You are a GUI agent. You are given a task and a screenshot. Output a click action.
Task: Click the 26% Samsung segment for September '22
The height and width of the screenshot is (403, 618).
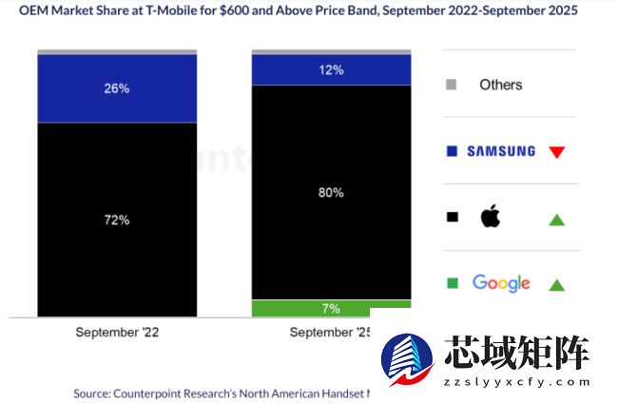(117, 88)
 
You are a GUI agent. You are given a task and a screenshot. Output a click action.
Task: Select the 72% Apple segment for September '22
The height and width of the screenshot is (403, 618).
(117, 220)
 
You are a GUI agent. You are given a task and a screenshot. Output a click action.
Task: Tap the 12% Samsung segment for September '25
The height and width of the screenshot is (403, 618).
(331, 69)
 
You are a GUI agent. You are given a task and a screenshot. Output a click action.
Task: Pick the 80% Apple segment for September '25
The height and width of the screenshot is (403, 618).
(331, 192)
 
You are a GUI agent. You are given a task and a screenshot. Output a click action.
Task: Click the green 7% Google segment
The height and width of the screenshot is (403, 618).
(331, 308)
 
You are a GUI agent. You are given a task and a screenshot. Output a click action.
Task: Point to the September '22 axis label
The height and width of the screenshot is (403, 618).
(117, 333)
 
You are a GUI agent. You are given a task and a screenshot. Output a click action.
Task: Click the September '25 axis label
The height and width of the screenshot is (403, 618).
(328, 333)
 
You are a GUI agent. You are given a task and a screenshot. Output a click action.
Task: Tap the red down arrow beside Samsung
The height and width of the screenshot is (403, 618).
(557, 151)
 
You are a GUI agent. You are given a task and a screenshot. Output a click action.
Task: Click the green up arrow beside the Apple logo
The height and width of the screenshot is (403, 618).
(557, 220)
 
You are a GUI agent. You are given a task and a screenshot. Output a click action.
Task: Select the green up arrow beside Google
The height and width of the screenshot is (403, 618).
(557, 284)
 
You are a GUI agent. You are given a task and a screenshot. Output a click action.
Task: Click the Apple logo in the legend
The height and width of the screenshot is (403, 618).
(491, 218)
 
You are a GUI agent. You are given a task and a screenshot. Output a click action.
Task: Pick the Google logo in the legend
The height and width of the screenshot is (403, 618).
(501, 283)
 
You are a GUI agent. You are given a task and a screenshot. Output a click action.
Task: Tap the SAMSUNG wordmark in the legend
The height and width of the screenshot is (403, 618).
(501, 151)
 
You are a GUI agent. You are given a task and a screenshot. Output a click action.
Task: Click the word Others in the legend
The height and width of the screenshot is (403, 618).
(500, 85)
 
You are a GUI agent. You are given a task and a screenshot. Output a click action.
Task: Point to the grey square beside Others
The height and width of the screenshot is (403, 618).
(452, 85)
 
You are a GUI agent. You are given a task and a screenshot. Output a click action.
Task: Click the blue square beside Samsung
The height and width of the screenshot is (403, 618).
(452, 151)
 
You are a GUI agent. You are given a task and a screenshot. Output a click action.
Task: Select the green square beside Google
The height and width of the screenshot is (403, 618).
(453, 283)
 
